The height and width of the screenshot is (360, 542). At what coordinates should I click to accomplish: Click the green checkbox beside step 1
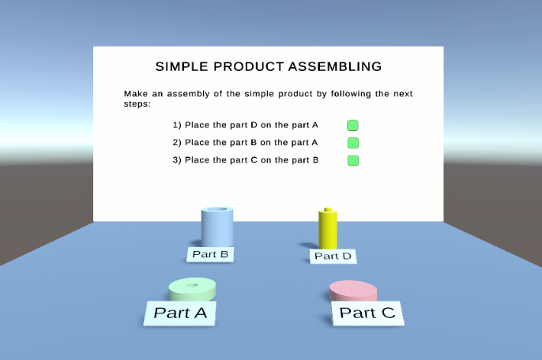point(352,126)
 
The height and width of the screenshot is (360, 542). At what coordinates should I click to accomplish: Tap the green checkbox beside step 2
point(353,143)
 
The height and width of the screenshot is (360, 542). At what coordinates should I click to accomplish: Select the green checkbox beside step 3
point(353,160)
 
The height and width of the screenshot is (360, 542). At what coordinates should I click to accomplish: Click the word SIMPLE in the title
point(182,66)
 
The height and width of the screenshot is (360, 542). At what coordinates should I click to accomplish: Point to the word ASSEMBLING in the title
point(335,66)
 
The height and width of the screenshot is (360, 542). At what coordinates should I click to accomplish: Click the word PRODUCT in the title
point(249,66)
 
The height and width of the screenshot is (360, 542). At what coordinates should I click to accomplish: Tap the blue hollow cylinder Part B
point(217,227)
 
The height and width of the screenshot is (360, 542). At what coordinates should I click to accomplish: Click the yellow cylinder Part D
point(328,228)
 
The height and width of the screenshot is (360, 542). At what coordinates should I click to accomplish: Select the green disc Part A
point(192,290)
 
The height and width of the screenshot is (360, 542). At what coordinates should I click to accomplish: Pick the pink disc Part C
point(353,291)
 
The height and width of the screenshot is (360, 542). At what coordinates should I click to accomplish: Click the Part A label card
point(180,313)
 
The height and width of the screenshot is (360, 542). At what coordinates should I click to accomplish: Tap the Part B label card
point(210,254)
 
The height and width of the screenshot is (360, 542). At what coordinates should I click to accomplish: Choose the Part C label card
point(367,313)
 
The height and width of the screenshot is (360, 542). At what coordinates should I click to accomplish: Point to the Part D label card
point(333,256)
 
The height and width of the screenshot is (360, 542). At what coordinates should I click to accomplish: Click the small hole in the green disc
point(192,285)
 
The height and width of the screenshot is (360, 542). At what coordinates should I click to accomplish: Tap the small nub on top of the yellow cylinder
point(328,209)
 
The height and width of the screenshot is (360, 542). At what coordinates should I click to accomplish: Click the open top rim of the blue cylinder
point(217,209)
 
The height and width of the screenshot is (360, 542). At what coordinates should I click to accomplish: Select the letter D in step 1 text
point(254,125)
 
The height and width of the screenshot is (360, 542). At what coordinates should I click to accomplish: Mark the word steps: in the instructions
point(137,104)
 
